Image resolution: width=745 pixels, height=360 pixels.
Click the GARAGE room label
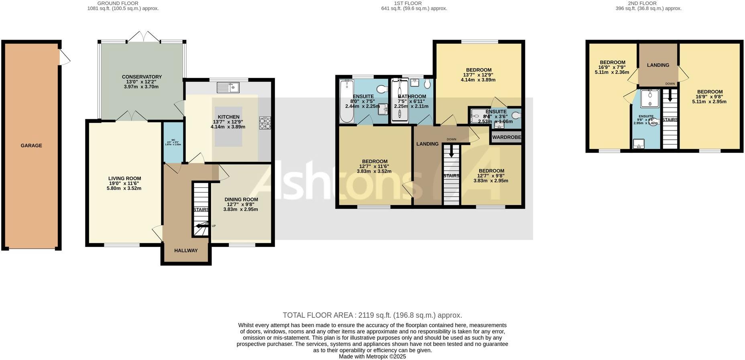(x=31, y=146)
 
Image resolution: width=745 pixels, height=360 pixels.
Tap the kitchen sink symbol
(x=228, y=87)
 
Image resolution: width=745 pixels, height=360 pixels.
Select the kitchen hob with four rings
(x=265, y=123)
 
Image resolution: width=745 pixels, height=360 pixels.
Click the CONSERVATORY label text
(x=142, y=77)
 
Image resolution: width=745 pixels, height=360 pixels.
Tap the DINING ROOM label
(x=241, y=199)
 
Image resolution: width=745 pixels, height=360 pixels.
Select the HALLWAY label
(x=186, y=250)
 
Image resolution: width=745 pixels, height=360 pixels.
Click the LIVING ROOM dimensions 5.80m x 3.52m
(x=124, y=188)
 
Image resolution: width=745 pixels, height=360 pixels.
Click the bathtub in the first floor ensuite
(x=346, y=101)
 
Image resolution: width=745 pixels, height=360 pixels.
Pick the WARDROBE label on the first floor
(x=507, y=137)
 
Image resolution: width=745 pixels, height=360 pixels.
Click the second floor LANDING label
(x=658, y=65)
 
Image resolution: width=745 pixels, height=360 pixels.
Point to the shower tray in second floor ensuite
(x=649, y=98)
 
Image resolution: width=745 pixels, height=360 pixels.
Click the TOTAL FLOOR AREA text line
(x=372, y=315)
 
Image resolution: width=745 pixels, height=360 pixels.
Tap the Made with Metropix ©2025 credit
(x=372, y=356)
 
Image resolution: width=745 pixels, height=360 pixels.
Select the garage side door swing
(x=65, y=57)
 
